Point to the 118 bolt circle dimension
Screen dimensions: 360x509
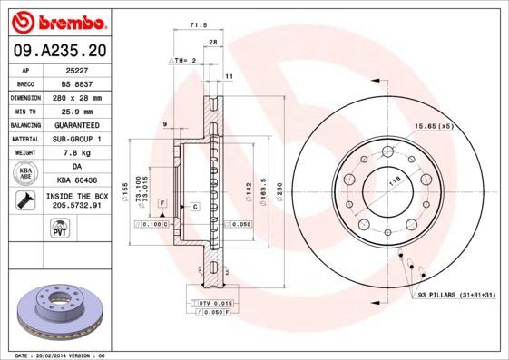(x=395, y=182)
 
